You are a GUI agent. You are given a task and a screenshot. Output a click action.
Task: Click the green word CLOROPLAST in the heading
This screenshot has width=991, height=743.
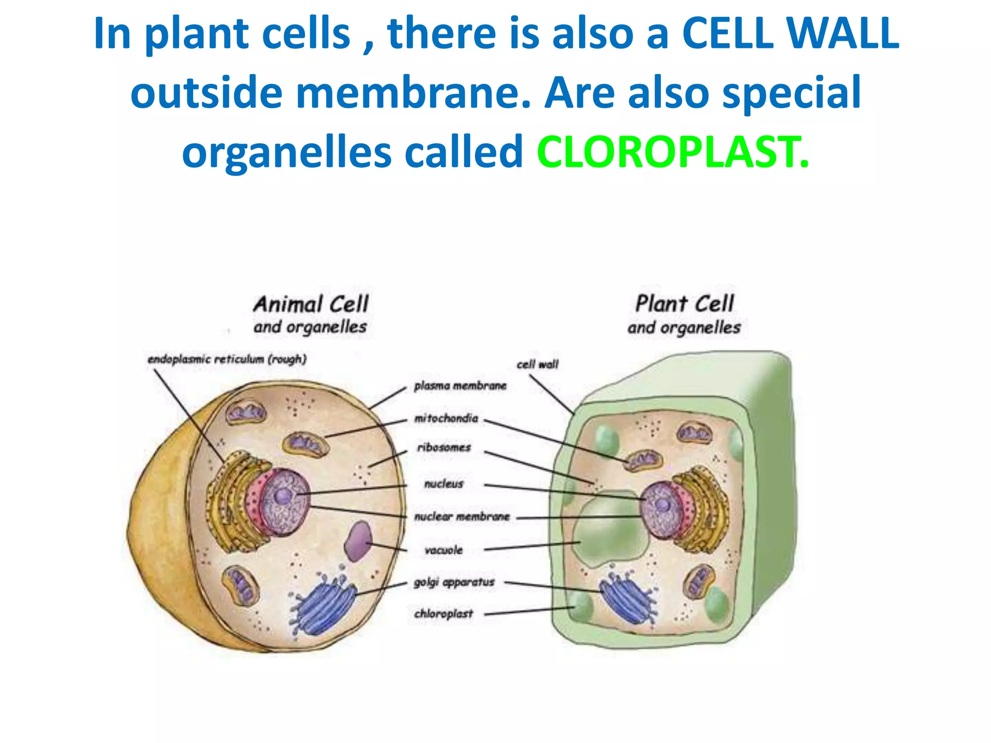(673, 152)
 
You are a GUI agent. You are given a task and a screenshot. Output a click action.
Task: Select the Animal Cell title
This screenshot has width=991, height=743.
(311, 304)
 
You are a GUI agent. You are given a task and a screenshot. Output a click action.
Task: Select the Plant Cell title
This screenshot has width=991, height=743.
(684, 304)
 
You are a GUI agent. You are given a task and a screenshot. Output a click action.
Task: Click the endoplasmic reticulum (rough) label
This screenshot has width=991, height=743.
(227, 359)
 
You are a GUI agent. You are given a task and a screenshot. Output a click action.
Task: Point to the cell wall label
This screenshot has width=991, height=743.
(537, 364)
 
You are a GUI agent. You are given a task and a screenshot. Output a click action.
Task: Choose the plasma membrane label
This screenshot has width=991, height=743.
(460, 386)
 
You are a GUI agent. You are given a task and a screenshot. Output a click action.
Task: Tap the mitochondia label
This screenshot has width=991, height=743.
(446, 418)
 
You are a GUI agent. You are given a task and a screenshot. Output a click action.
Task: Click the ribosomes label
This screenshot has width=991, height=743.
(444, 447)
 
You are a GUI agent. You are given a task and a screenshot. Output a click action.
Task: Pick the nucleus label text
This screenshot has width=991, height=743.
(444, 484)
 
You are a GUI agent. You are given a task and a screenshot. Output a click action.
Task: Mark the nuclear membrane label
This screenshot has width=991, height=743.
(462, 517)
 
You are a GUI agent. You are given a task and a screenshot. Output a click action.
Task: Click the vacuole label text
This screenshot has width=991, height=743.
(443, 550)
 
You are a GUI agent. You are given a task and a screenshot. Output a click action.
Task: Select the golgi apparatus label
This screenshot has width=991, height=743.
(454, 582)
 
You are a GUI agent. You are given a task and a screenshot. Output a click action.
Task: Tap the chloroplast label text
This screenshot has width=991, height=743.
(443, 614)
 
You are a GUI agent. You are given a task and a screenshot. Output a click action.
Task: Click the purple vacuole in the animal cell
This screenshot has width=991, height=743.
(358, 541)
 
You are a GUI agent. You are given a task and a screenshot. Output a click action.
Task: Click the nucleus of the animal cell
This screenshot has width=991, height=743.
(283, 501)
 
